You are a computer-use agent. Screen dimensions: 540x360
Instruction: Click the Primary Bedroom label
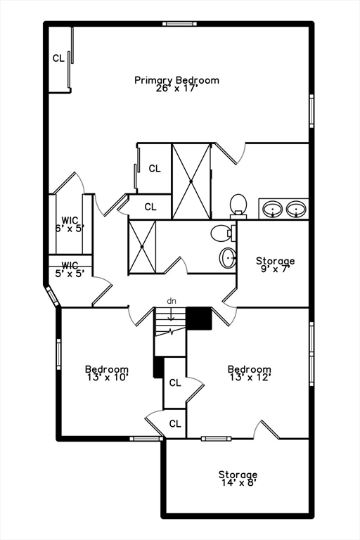[x=176, y=80]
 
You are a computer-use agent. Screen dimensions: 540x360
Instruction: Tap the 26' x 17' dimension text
[x=176, y=89]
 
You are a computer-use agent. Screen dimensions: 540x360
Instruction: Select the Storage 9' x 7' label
[x=275, y=265]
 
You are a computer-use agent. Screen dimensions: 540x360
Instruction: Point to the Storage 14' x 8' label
[x=238, y=479]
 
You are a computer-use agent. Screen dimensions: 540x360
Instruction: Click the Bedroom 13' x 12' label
[x=249, y=373]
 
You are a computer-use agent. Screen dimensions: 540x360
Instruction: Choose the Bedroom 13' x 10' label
[x=106, y=373]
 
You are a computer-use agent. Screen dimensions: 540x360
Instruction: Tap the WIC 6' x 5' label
[x=69, y=224]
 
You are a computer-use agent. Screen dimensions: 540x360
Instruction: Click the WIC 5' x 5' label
[x=69, y=269]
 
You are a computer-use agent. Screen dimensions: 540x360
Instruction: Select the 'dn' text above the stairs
[x=171, y=301]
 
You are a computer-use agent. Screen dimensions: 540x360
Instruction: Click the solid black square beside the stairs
[x=199, y=318]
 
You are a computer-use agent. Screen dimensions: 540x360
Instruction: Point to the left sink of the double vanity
[x=273, y=209]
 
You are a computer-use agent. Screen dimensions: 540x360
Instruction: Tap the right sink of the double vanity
[x=297, y=209]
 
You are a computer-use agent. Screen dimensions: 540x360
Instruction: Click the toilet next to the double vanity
[x=238, y=204]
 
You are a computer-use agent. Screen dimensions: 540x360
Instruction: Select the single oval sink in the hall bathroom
[x=228, y=258]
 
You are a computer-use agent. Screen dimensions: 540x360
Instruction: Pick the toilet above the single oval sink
[x=222, y=233]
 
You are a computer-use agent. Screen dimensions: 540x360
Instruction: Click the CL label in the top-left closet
[x=58, y=58]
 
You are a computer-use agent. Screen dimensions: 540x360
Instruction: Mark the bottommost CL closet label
[x=175, y=424]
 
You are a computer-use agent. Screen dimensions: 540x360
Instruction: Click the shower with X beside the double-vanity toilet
[x=191, y=181]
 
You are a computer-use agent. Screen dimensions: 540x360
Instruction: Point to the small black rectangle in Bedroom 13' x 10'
[x=158, y=368]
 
